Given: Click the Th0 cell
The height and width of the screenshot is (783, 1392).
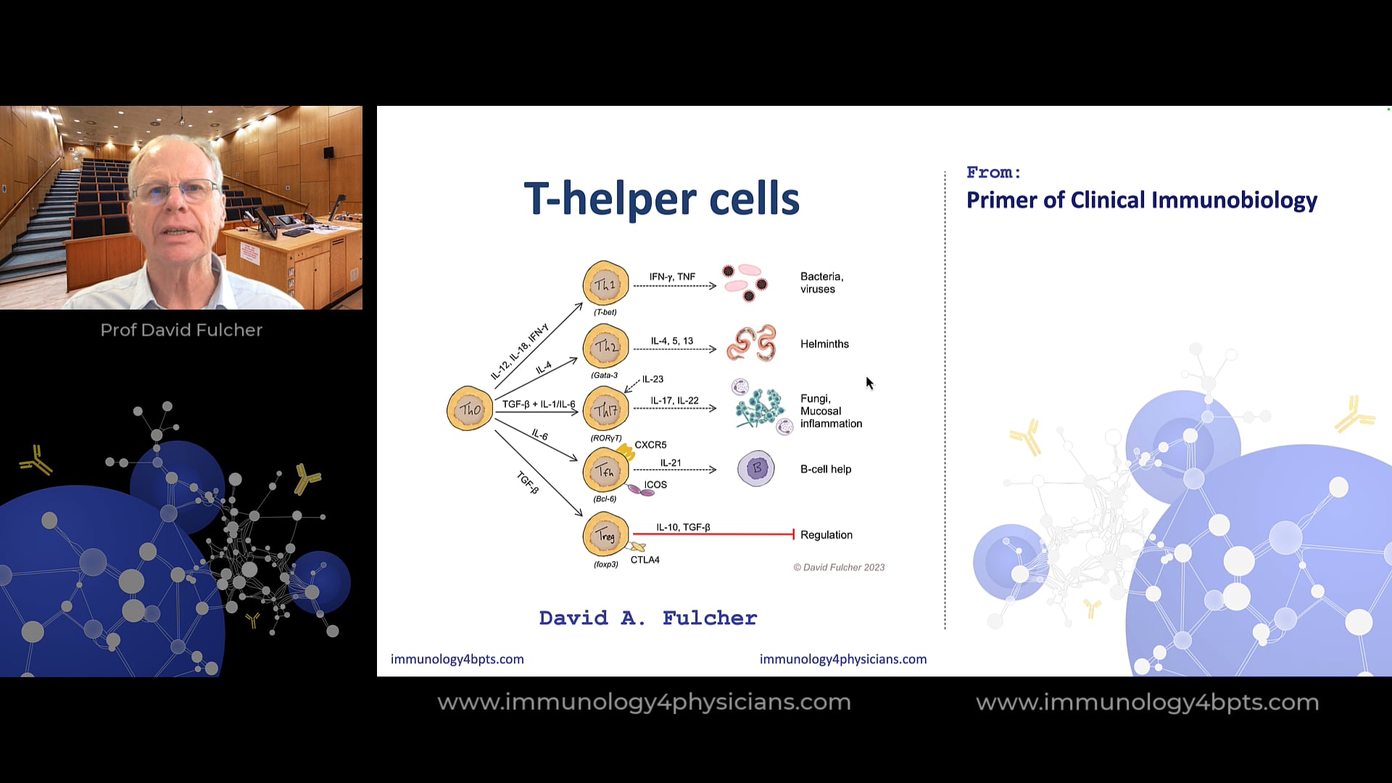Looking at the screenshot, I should click(470, 409).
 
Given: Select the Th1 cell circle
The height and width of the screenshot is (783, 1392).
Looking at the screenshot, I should click(605, 284).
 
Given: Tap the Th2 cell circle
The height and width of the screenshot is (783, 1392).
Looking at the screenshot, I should click(605, 347).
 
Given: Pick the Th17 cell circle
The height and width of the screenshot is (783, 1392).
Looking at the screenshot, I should click(605, 410).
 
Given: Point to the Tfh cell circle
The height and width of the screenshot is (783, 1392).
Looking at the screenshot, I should click(605, 471).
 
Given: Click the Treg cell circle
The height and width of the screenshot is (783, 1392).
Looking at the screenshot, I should click(605, 535).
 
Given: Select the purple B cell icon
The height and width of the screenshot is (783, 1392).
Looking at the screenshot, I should click(756, 468).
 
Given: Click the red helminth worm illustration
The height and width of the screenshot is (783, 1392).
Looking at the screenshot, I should click(752, 343).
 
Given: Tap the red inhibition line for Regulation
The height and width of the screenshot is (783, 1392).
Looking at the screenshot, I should click(713, 534).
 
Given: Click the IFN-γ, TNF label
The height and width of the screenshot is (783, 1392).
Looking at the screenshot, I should click(672, 277).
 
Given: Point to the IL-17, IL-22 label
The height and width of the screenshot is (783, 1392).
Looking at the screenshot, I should click(674, 401).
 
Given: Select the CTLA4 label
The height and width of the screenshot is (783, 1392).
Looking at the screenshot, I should click(645, 560).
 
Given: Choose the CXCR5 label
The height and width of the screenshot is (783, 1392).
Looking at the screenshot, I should click(650, 444).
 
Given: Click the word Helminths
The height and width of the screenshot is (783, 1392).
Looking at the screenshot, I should click(824, 344).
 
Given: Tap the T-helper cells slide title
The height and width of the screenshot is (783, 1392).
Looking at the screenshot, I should click(661, 199).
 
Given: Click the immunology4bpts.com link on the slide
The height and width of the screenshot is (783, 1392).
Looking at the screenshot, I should click(457, 659).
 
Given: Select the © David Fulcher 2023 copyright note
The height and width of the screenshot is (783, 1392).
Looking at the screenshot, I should click(839, 568).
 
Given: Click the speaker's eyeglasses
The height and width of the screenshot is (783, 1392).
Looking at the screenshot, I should click(176, 190).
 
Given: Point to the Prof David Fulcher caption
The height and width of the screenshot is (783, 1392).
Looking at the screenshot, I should click(181, 330).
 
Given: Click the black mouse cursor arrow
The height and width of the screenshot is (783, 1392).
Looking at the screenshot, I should click(869, 383).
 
